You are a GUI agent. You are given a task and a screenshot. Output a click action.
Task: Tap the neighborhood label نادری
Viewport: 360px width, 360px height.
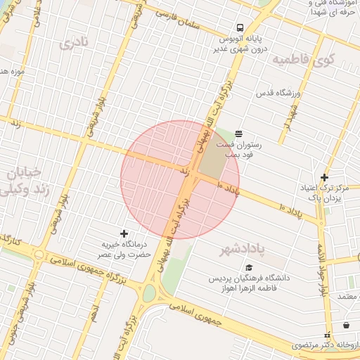pyautogui.click(x=76, y=44)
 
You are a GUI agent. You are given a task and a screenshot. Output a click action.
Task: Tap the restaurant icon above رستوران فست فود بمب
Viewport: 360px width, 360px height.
pyautogui.click(x=239, y=133)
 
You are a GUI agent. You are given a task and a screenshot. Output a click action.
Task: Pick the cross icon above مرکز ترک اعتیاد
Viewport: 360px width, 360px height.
pyautogui.click(x=324, y=177)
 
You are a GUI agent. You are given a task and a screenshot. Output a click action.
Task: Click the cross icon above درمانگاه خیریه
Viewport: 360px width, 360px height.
pyautogui.click(x=124, y=233)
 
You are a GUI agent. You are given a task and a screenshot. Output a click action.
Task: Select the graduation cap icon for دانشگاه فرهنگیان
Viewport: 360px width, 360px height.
pyautogui.click(x=248, y=267)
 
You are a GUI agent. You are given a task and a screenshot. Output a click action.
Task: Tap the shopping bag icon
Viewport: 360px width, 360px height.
pyautogui.click(x=347, y=325)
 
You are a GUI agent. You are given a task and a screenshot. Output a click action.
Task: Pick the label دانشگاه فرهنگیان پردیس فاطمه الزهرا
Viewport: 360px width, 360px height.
pyautogui.click(x=248, y=283)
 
